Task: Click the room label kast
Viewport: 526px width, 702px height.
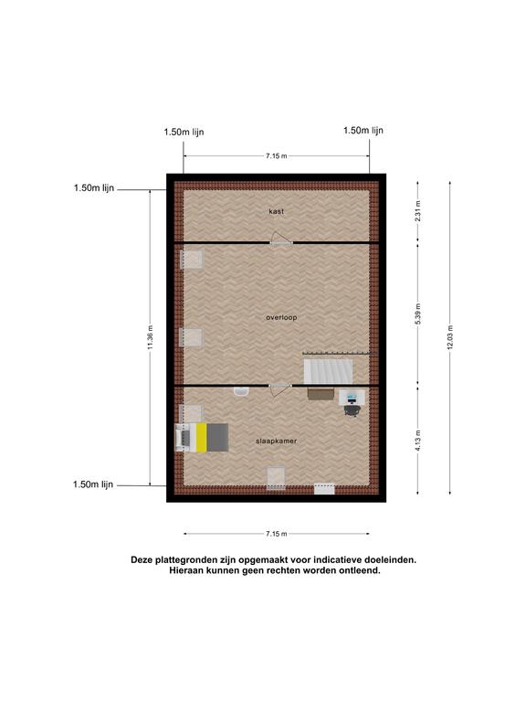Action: (276, 211)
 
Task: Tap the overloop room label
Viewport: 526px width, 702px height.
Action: (281, 317)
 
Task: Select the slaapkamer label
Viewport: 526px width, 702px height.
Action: (276, 441)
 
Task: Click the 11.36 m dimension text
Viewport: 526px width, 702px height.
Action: (151, 337)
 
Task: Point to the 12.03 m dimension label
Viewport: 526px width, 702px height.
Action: (450, 337)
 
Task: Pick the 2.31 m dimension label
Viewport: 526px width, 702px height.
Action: (417, 211)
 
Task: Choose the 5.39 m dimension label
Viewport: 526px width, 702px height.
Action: (417, 314)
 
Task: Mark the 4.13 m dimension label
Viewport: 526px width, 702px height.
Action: (417, 441)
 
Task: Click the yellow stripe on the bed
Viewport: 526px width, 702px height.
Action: (201, 438)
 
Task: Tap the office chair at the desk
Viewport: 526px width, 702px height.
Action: (352, 410)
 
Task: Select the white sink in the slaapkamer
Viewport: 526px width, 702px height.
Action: (241, 392)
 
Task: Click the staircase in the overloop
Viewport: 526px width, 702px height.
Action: (328, 371)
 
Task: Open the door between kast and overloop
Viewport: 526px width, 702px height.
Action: (281, 242)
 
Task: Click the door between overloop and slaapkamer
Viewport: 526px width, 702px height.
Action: (280, 386)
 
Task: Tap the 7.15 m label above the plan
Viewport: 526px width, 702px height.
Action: (277, 155)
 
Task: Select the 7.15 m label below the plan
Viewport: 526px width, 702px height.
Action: (277, 534)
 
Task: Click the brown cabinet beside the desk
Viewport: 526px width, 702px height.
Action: (321, 394)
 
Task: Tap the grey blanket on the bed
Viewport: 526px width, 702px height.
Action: (218, 438)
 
